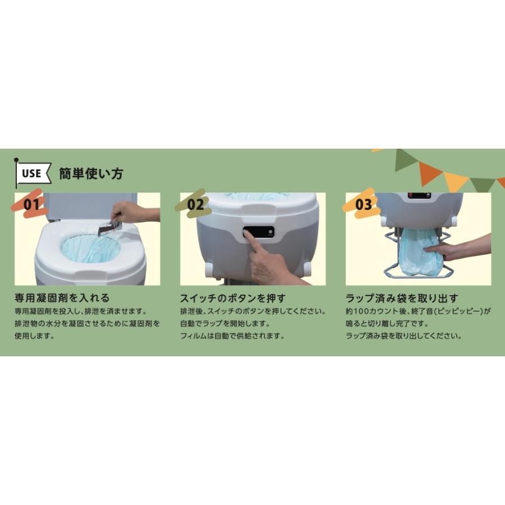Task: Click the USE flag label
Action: pyautogui.click(x=32, y=173)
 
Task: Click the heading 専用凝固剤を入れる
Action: pyautogui.click(x=61, y=298)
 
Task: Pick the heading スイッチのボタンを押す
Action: pyautogui.click(x=232, y=298)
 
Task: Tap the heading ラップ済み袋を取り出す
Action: pyautogui.click(x=402, y=298)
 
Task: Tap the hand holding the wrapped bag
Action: pyautogui.click(x=460, y=247)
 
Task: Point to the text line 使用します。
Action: pyautogui.click(x=34, y=337)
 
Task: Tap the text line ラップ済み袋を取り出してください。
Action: pyautogui.click(x=403, y=337)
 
